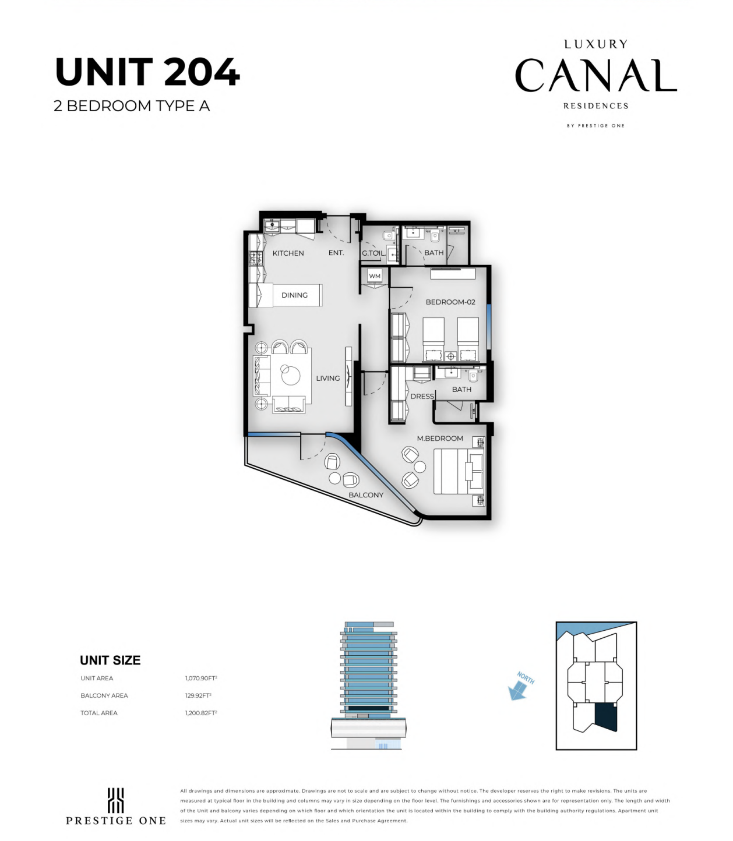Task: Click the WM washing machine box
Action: tap(375, 276)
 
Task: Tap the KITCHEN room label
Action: tap(288, 253)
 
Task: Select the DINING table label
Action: tap(294, 295)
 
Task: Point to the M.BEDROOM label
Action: tap(440, 438)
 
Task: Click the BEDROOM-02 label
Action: tap(450, 302)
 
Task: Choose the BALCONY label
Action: tap(366, 495)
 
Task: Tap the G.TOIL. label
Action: tap(373, 253)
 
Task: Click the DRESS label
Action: tap(422, 396)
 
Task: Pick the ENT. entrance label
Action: tap(336, 253)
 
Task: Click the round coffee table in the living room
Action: tap(291, 374)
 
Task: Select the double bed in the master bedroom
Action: tap(459, 472)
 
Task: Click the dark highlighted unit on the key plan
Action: tap(606, 716)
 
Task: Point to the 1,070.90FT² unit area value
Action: tap(201, 679)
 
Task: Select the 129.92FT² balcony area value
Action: tap(198, 695)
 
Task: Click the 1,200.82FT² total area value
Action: tap(201, 713)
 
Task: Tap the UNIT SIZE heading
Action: tap(110, 660)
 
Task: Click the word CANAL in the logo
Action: tap(595, 75)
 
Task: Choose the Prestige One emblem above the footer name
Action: tap(115, 800)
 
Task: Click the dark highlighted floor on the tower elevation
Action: tap(368, 708)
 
